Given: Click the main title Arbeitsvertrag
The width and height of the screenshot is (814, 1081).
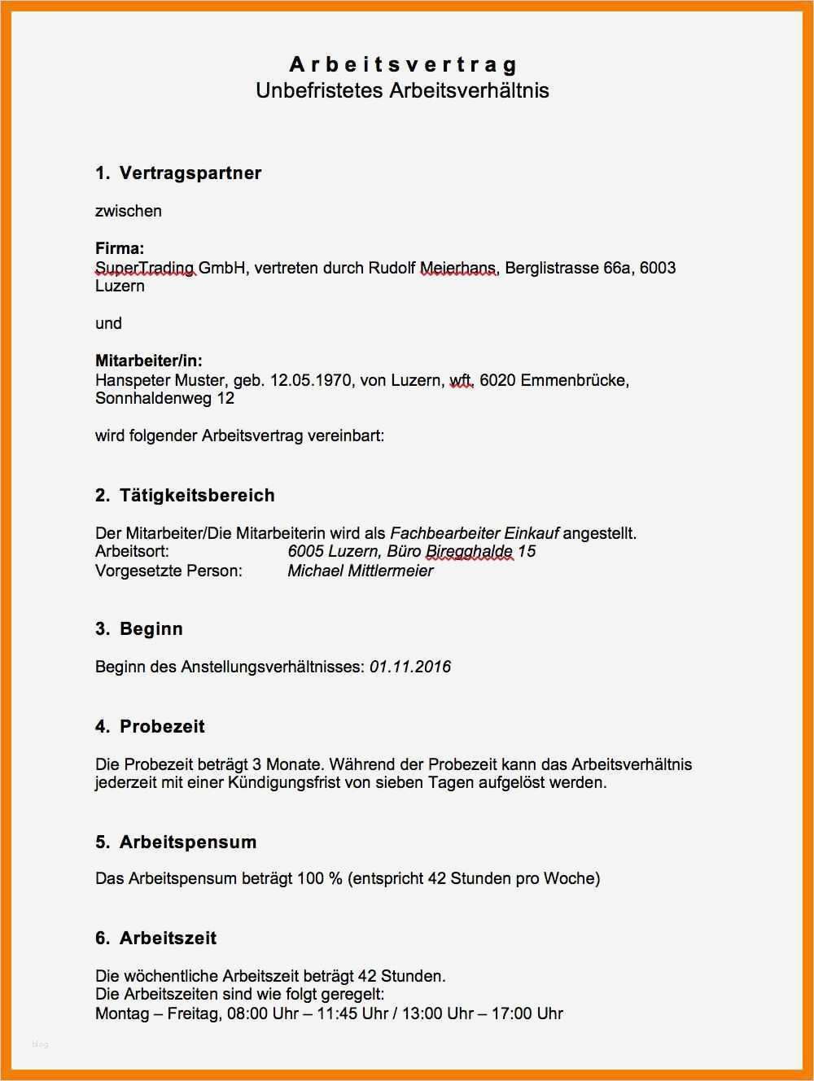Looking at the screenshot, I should click(403, 64).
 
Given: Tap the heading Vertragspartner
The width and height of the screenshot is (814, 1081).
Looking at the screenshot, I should click(190, 173).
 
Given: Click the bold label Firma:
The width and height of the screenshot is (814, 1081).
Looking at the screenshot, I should click(120, 248).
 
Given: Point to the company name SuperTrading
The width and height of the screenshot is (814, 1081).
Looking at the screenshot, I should click(144, 268).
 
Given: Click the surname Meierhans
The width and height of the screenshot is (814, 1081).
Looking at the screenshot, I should click(457, 268).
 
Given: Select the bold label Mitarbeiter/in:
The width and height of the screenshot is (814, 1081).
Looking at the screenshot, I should click(149, 361).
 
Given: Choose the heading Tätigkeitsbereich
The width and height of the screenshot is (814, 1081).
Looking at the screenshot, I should click(197, 495).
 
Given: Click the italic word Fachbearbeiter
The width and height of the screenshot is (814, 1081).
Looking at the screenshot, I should click(444, 533).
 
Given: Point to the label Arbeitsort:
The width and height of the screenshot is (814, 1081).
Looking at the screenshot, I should click(133, 551).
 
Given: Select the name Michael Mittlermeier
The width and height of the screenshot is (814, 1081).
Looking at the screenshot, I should click(360, 571).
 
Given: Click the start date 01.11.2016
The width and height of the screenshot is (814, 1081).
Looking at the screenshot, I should click(410, 667).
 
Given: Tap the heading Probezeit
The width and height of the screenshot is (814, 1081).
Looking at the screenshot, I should click(163, 726).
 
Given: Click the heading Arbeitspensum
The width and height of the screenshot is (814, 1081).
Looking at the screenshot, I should click(188, 842).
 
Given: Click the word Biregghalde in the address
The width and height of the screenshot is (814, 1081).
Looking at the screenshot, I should click(469, 551).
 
